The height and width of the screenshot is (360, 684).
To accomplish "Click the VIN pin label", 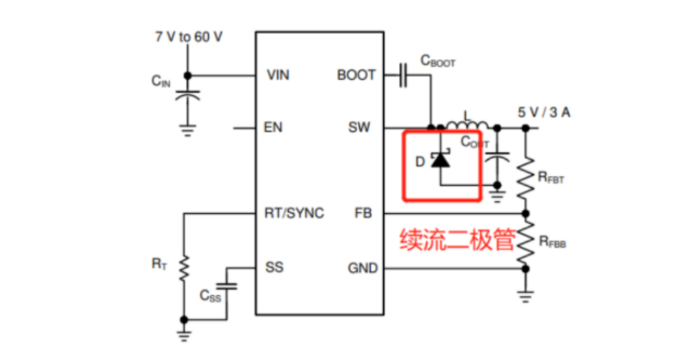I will (278, 75).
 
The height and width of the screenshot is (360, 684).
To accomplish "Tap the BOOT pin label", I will (356, 75).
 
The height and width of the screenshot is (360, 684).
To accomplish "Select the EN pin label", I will (274, 128).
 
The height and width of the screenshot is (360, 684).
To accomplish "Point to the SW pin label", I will (359, 128).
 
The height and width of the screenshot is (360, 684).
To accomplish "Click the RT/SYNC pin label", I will (295, 214).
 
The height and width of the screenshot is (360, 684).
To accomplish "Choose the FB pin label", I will (364, 214).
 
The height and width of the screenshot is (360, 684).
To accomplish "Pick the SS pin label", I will (274, 268).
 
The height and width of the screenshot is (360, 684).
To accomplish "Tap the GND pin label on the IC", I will (362, 268).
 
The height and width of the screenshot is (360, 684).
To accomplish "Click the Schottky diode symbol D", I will (439, 160).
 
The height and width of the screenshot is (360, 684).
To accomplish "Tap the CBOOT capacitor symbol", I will (403, 75).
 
